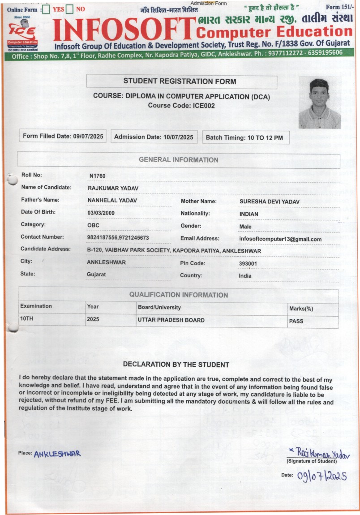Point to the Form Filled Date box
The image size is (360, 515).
[x=63, y=137]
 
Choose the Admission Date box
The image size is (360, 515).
[x=154, y=137]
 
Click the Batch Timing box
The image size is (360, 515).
[x=244, y=137]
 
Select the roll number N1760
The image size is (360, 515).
[x=98, y=176]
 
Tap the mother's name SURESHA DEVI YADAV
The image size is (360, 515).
[x=270, y=202]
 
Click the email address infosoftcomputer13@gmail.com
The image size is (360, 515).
[x=280, y=239]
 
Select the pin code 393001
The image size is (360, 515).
[x=248, y=264]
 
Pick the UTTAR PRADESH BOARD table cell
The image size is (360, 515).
[x=171, y=320]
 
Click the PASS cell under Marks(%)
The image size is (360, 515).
[x=296, y=321]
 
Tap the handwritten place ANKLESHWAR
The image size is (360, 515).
[x=57, y=454]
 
